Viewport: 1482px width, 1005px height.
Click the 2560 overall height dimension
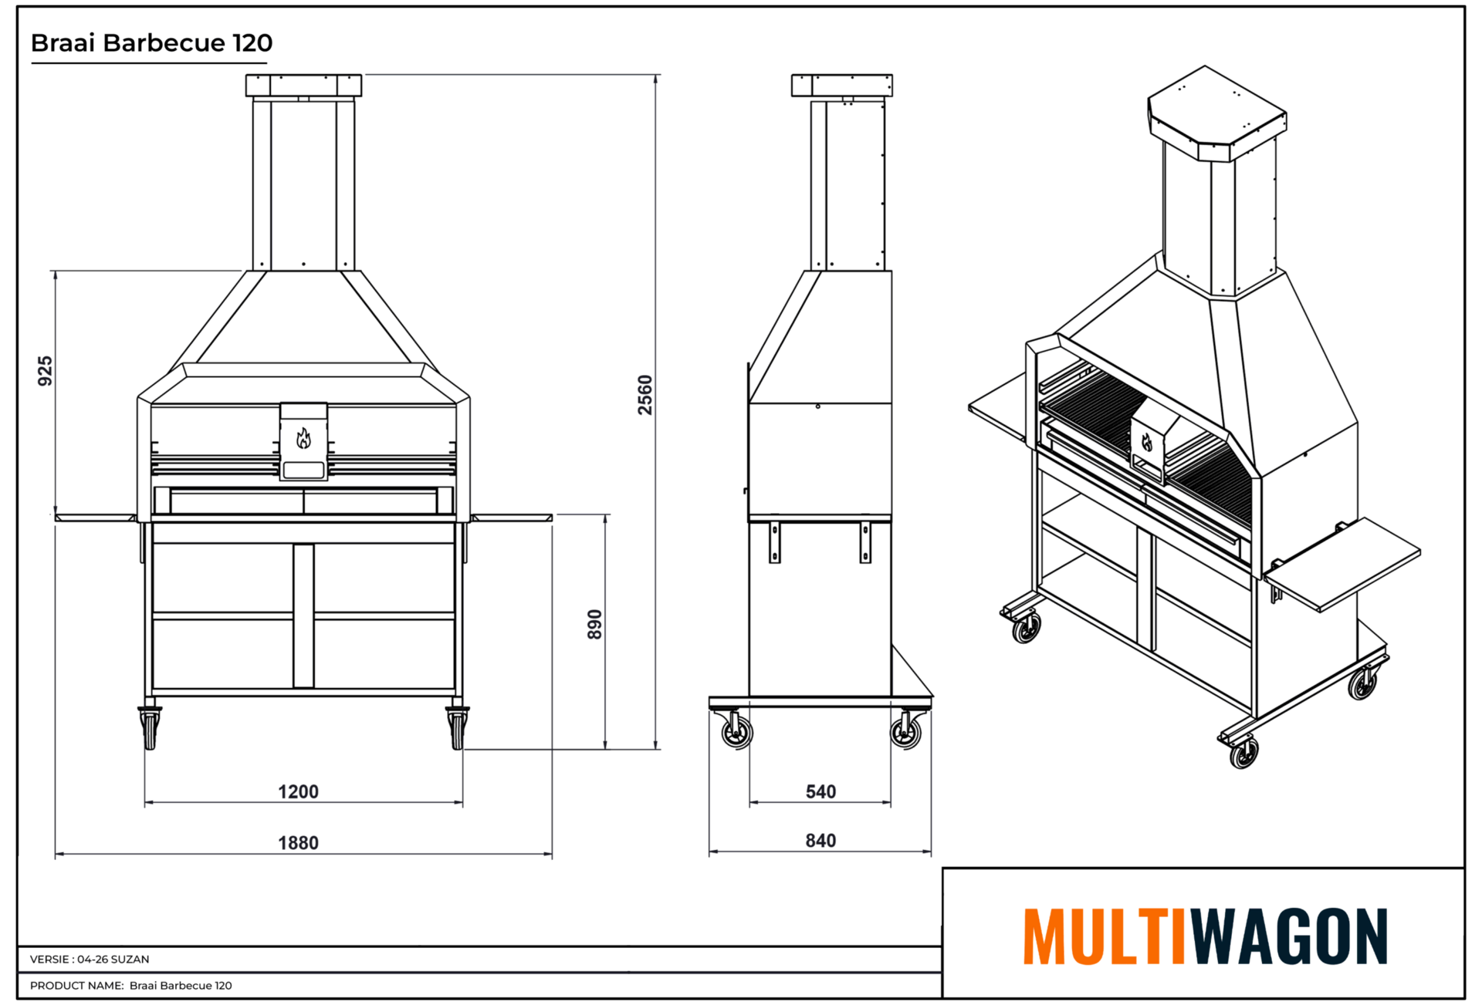point(645,395)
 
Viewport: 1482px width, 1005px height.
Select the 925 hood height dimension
point(46,371)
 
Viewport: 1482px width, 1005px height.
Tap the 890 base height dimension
point(594,625)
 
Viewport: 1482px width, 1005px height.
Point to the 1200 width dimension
point(298,791)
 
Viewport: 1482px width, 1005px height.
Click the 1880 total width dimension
point(298,842)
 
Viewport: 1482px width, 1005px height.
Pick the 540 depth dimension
point(821,791)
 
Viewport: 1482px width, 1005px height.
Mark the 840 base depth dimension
point(821,840)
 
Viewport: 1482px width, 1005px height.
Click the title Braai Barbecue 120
point(151,42)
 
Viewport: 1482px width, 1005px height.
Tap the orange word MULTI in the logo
point(1105,936)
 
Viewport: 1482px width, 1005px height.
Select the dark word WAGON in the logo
point(1289,936)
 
